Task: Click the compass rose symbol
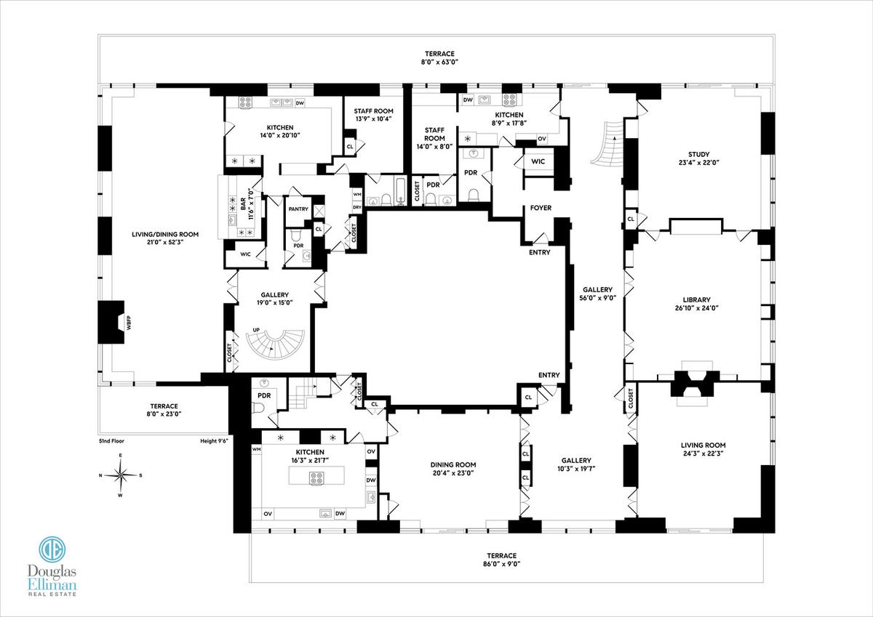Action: click(121, 475)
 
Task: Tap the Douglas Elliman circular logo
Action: click(52, 549)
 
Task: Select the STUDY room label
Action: click(699, 154)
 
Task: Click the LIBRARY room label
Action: click(696, 299)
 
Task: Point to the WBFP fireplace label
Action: click(129, 323)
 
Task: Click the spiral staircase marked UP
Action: click(275, 346)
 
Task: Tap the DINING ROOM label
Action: click(453, 464)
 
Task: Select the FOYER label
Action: click(541, 208)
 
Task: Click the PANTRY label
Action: click(298, 209)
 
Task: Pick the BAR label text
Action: click(243, 203)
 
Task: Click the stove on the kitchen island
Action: click(316, 478)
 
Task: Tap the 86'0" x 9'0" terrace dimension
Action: click(501, 564)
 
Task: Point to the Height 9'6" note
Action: click(214, 441)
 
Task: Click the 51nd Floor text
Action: click(111, 441)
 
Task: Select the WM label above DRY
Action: click(357, 194)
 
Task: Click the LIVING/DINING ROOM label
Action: click(165, 234)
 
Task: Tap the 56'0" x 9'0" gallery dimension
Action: click(597, 298)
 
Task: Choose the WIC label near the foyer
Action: click(538, 161)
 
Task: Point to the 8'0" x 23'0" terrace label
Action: click(164, 414)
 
